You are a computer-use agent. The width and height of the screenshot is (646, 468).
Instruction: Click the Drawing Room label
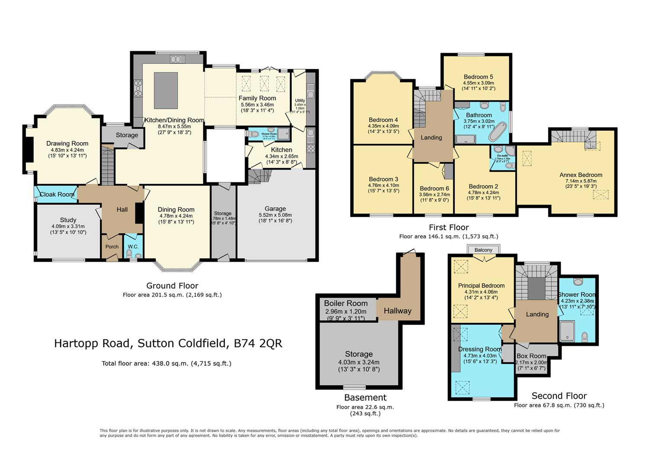tap(67, 143)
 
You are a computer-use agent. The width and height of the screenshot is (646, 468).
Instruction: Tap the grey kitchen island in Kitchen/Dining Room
tap(166, 90)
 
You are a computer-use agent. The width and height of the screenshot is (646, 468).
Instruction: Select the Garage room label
tap(275, 209)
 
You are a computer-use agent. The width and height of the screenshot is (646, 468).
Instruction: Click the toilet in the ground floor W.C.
tap(129, 253)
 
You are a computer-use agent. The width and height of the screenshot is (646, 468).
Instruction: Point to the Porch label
tap(112, 247)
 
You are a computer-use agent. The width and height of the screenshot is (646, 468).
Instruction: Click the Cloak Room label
tap(57, 195)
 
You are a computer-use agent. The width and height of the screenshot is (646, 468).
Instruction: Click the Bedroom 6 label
tap(434, 188)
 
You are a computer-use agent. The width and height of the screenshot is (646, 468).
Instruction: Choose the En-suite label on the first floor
tap(502, 155)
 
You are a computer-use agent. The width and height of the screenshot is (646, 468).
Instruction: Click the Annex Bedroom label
tap(581, 175)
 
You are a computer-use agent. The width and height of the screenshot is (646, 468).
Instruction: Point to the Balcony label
tap(483, 250)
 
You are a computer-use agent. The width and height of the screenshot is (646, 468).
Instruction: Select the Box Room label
tap(531, 356)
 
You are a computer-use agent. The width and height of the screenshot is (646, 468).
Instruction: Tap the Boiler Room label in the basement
tap(346, 303)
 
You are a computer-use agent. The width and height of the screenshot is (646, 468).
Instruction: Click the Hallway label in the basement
tap(397, 311)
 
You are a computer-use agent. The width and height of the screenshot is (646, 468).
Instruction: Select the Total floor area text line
tap(166, 364)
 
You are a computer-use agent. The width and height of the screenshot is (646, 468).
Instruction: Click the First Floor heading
tap(449, 227)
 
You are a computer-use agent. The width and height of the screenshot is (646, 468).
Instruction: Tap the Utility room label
tap(300, 101)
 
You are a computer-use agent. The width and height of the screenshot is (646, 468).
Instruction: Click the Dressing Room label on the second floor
tap(480, 349)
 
